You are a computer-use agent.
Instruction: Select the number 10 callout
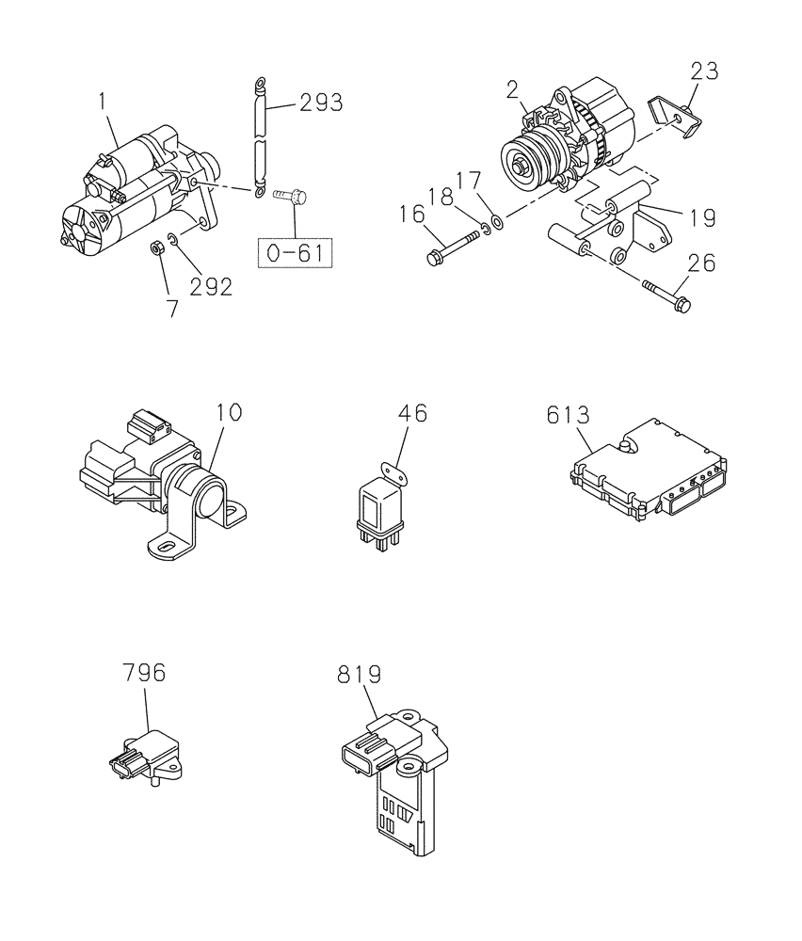(229, 412)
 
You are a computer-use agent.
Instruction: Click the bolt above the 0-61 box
(286, 196)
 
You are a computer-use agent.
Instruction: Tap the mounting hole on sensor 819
(409, 769)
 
